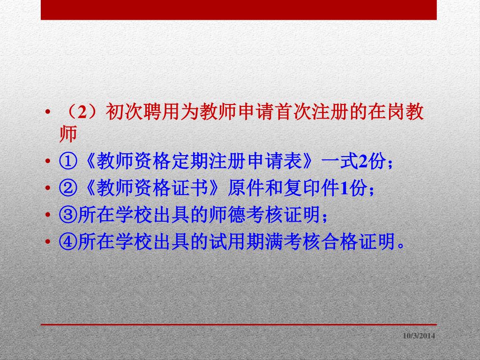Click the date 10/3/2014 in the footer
pos(419,336)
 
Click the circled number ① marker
pos(68,161)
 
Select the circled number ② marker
pos(68,188)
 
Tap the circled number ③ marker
pos(68,215)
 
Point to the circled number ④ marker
pos(68,241)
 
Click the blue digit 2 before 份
pos(363,161)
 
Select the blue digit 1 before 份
pos(344,188)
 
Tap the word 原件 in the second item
pos(246,188)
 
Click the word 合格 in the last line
pos(340,241)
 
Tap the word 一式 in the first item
pos(340,161)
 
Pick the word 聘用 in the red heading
pos(161,112)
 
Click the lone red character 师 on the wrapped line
pos(68,134)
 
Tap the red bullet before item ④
pos(47,241)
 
